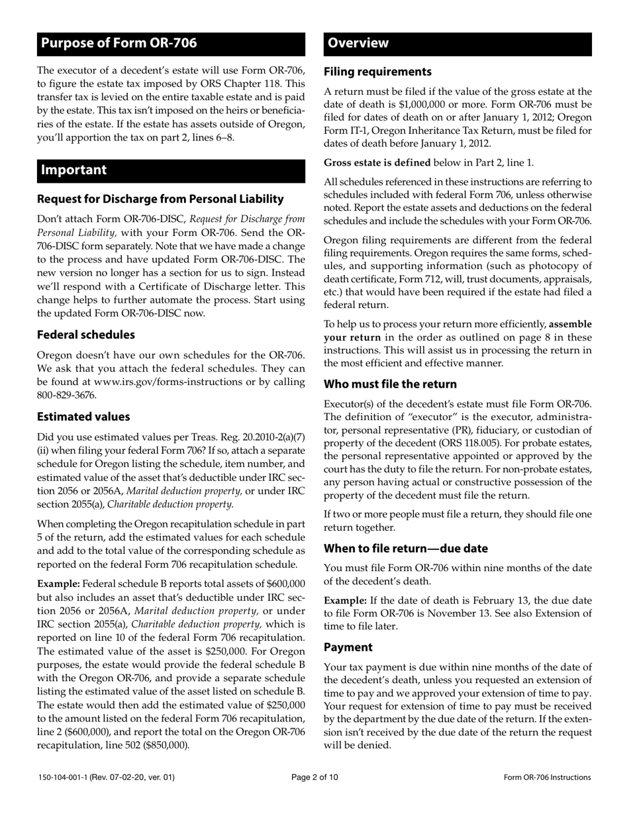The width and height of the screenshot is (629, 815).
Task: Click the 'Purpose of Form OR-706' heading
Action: [x=119, y=44]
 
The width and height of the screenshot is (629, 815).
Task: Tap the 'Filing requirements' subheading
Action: [x=377, y=72]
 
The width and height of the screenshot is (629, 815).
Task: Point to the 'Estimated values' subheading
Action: [x=83, y=417]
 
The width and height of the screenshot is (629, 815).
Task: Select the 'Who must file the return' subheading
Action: [x=390, y=384]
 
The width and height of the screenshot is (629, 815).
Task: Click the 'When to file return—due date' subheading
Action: [x=405, y=549]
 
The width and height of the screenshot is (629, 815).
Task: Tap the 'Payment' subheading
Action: [x=348, y=647]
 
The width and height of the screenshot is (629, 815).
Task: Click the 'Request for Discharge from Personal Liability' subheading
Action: [x=160, y=199]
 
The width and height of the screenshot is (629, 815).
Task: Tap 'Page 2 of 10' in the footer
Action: [x=314, y=778]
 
